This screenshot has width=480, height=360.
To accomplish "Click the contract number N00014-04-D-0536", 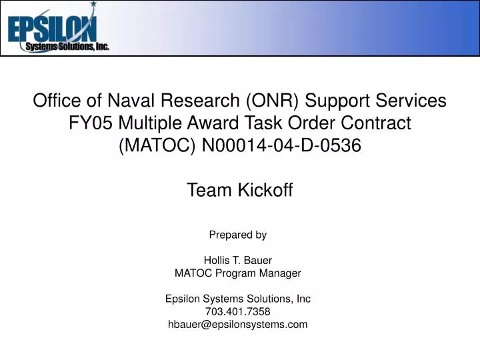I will pyautogui.click(x=279, y=146).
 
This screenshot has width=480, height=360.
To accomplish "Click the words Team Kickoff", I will pyautogui.click(x=239, y=191).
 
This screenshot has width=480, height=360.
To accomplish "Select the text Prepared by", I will pyautogui.click(x=238, y=235).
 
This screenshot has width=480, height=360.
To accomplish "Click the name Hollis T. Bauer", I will pyautogui.click(x=238, y=260).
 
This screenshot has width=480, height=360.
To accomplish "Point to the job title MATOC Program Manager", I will pyautogui.click(x=238, y=273).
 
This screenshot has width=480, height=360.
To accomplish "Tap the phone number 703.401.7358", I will pyautogui.click(x=238, y=311).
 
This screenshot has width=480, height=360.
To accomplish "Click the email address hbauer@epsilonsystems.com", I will pyautogui.click(x=238, y=325).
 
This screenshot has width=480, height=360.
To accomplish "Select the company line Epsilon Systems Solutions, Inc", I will pyautogui.click(x=238, y=299).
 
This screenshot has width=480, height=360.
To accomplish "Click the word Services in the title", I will pyautogui.click(x=410, y=101).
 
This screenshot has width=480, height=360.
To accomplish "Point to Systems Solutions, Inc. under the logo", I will pyautogui.click(x=67, y=47).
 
